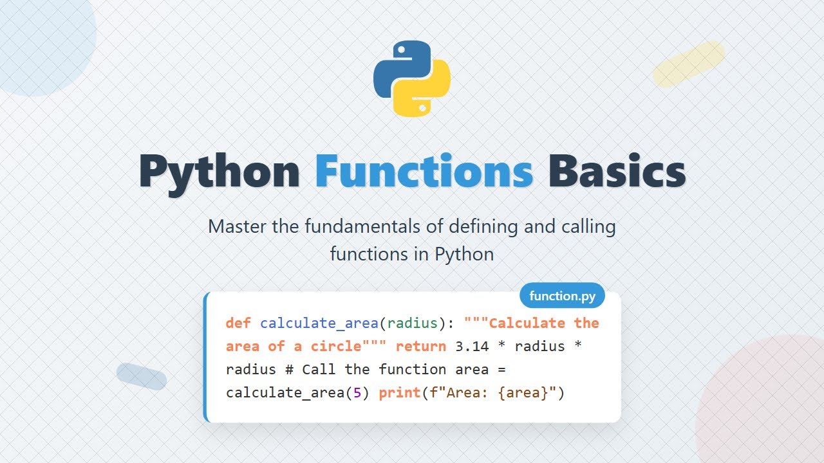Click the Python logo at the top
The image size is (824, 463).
click(x=412, y=78)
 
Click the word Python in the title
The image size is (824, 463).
click(x=219, y=172)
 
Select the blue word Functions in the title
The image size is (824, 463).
click(x=424, y=171)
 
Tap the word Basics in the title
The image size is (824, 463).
click(x=616, y=171)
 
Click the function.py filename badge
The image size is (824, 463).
click(x=562, y=296)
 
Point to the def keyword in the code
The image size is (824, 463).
click(x=238, y=323)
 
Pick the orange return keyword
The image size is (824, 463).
click(x=421, y=347)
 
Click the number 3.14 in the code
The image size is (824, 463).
click(x=473, y=347)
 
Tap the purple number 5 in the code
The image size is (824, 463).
click(x=357, y=393)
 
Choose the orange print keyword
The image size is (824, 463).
click(x=400, y=393)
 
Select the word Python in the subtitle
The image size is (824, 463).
click(x=464, y=254)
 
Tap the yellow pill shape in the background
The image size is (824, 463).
click(x=689, y=64)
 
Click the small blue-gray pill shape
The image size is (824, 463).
click(x=142, y=377)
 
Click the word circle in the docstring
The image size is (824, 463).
click(x=336, y=347)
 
